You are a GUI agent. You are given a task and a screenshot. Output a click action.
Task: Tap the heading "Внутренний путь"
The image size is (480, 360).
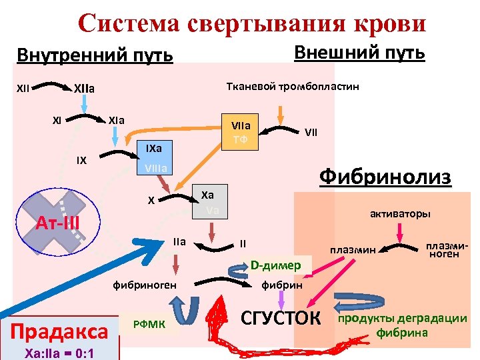(x=94, y=55)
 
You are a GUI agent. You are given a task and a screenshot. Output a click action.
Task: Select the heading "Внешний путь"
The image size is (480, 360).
(x=359, y=52)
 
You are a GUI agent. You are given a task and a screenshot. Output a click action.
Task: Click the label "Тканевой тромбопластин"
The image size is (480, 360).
(x=293, y=87)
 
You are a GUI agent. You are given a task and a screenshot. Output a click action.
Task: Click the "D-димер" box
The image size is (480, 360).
(x=275, y=265)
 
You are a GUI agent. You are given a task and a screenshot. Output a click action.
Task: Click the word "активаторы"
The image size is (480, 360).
(x=400, y=214)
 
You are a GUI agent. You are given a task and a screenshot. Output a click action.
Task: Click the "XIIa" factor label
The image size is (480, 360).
(x=84, y=87)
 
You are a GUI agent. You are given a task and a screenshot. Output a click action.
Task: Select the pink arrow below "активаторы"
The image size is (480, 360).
(x=400, y=233)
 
